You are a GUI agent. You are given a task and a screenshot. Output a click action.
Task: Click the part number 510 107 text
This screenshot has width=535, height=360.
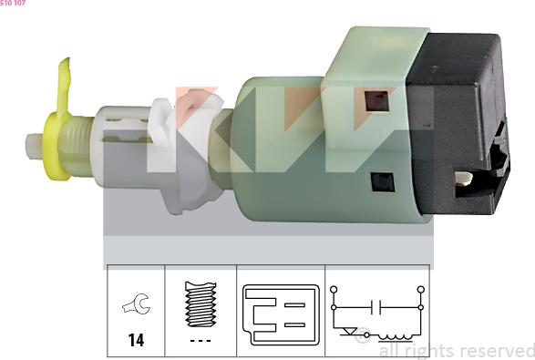pyautogui.click(x=13, y=3)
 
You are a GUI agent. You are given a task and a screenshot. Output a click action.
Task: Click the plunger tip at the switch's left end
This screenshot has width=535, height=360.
pyautogui.click(x=34, y=146)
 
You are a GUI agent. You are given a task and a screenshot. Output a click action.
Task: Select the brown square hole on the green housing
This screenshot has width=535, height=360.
pyautogui.click(x=377, y=100)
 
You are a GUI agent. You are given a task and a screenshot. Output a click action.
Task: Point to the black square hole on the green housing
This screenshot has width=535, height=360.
pyautogui.click(x=383, y=182)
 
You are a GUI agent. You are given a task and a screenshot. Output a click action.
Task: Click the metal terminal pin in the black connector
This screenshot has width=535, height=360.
pyautogui.click(x=463, y=178)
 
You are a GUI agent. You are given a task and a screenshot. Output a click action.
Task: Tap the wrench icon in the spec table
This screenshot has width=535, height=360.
pyautogui.click(x=137, y=303)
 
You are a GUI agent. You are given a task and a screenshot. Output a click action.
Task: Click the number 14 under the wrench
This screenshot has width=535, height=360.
pyautogui.click(x=136, y=340)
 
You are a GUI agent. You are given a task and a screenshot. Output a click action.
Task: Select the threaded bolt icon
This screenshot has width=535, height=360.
pyautogui.click(x=201, y=303)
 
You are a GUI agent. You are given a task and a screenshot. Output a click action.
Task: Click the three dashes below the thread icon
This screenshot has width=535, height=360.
pyautogui.click(x=201, y=341)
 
